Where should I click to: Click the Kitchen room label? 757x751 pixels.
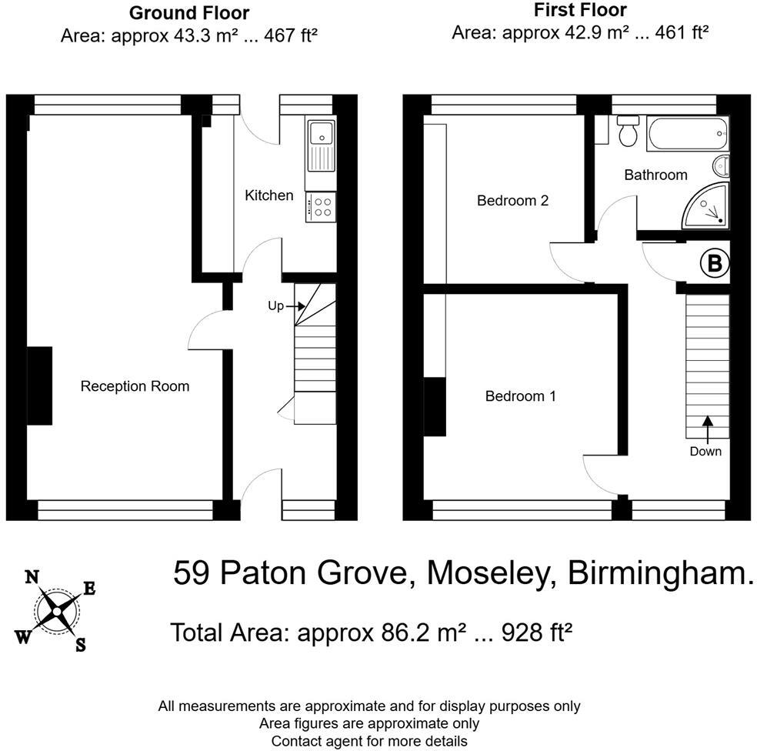(268, 195)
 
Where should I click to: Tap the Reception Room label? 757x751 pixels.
(135, 386)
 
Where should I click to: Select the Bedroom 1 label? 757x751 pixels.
(520, 396)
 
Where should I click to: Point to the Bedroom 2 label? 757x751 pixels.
(512, 201)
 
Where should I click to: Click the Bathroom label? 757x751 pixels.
(655, 175)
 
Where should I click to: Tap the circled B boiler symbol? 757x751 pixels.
(713, 264)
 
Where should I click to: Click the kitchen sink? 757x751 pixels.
(320, 145)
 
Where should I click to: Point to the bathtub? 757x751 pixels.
(685, 134)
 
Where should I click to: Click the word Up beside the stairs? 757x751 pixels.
(275, 306)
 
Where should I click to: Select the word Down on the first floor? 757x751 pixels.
(705, 452)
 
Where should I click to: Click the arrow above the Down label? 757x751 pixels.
(705, 427)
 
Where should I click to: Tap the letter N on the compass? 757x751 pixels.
(32, 577)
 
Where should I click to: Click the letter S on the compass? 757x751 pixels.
(79, 646)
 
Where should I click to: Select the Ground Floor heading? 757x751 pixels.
(188, 13)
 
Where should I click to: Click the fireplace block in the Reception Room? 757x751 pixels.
(40, 386)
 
